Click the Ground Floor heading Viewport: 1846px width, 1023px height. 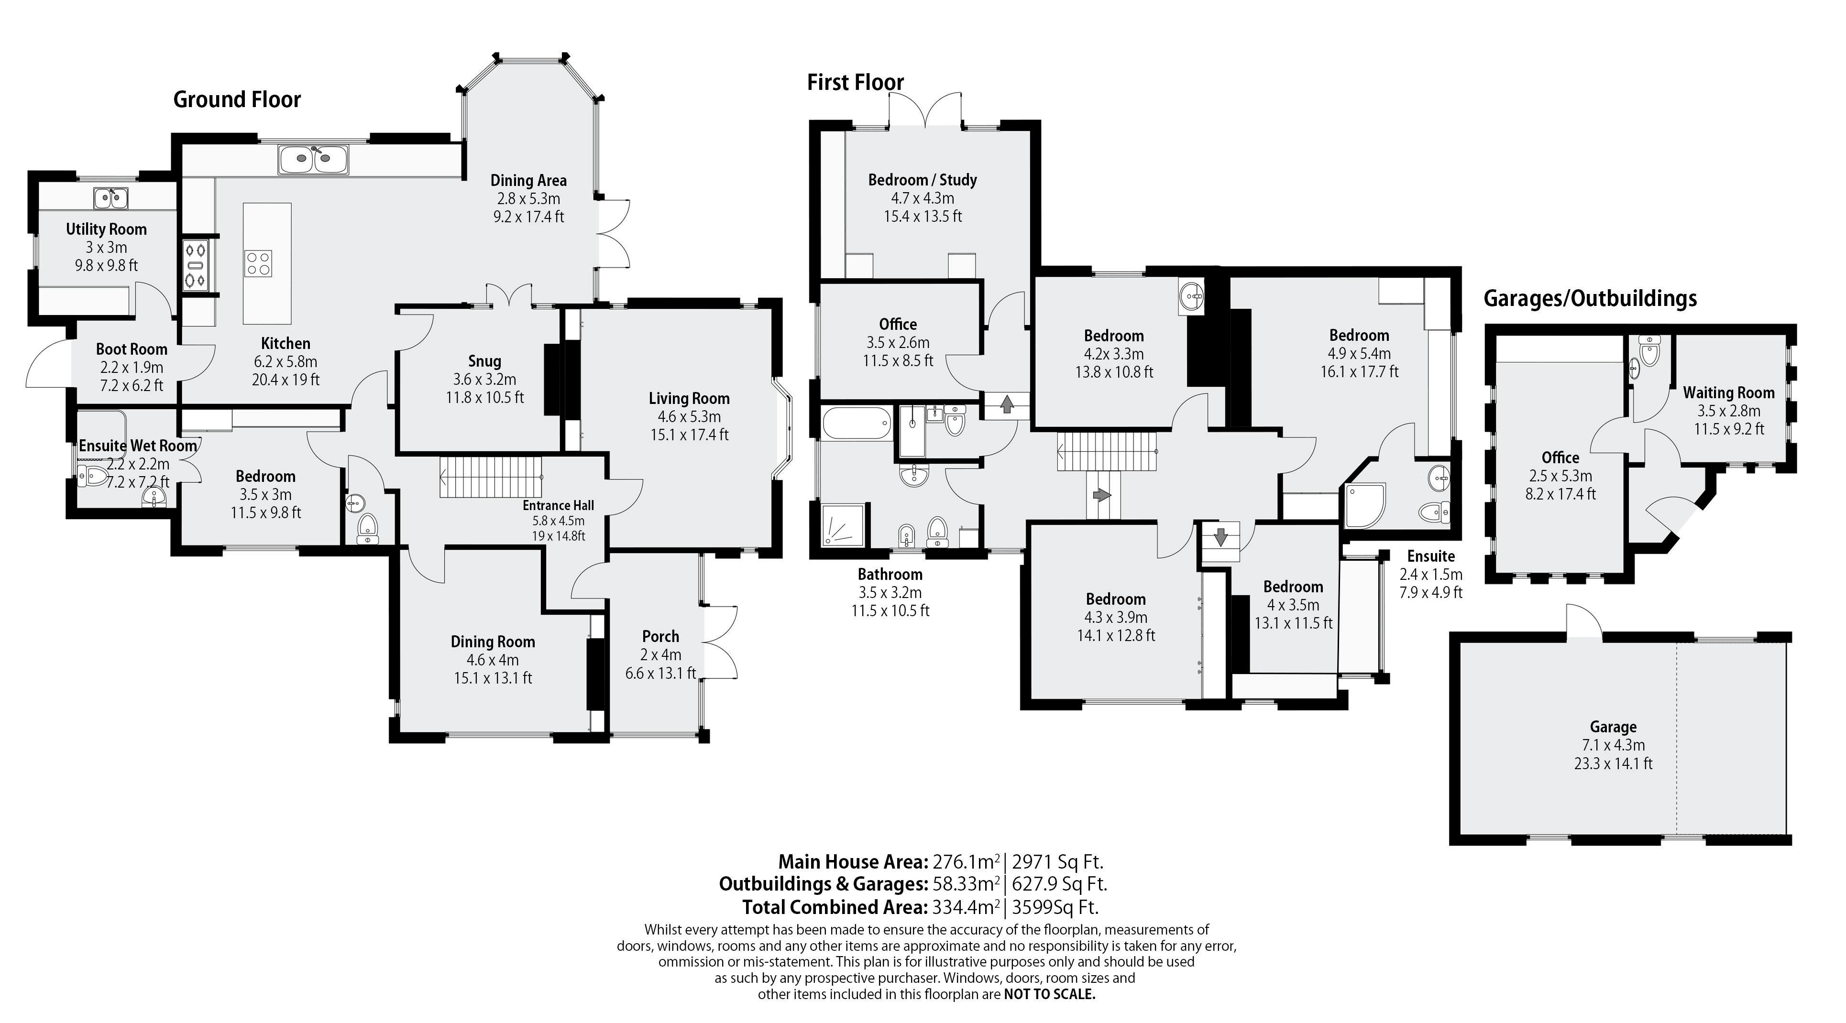click(237, 99)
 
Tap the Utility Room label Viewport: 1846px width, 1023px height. click(106, 229)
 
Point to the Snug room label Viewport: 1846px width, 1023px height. click(484, 361)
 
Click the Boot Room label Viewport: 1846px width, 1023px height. click(132, 349)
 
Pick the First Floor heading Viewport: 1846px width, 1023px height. click(856, 82)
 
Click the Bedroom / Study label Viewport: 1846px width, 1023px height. click(923, 180)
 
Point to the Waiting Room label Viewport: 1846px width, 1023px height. click(1728, 392)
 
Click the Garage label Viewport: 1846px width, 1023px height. click(1613, 727)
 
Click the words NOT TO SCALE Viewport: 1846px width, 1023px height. click(1050, 994)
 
